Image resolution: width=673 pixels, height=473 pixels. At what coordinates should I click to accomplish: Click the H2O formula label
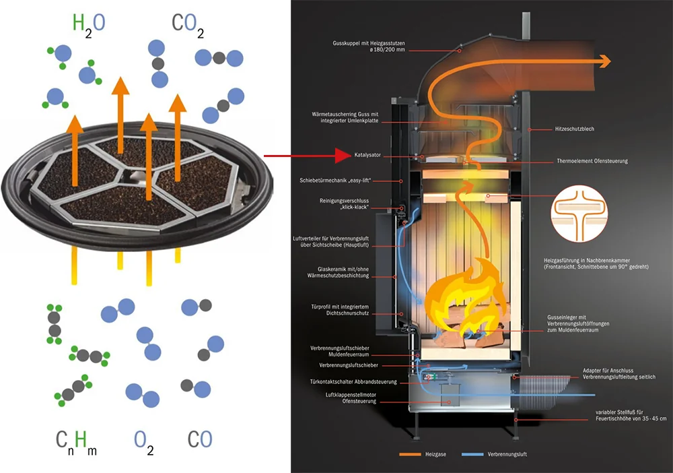(89, 24)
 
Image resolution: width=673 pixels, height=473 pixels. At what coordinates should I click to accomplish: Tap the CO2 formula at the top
(188, 25)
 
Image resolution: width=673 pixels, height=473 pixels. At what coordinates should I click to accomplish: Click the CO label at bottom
(200, 439)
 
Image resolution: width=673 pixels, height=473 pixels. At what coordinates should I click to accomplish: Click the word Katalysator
(367, 155)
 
